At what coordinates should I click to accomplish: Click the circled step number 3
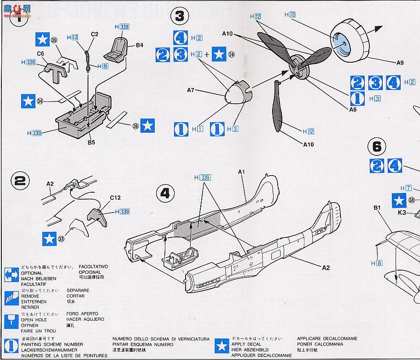coord(179,16)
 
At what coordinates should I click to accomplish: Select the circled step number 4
coord(165,193)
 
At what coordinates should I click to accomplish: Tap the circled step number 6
coord(377,147)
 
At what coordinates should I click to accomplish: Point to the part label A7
coord(191,90)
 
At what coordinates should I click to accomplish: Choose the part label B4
coord(140,45)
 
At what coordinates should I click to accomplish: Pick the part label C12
coord(115,198)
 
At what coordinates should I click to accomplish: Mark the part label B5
coord(91,142)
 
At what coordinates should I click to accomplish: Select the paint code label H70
coord(290,15)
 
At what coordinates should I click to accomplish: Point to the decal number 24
coord(231,54)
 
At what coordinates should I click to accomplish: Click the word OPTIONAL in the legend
coord(31,273)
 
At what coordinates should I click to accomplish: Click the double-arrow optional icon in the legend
coord(10,276)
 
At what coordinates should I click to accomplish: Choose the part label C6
coord(41,54)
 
